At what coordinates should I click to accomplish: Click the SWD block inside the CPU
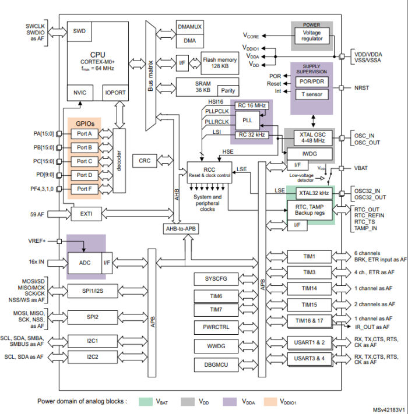point(79,30)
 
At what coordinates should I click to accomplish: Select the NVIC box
point(79,92)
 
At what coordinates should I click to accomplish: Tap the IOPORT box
point(115,92)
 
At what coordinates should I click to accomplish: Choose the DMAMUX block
point(190,27)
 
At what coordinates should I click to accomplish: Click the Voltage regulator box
point(311,36)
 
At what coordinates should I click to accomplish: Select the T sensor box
point(311,94)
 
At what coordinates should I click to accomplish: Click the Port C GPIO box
point(85,161)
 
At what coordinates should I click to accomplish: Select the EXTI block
point(82,214)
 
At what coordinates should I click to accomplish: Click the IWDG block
point(309,153)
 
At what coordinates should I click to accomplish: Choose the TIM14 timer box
point(309,288)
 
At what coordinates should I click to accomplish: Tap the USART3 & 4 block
point(309,358)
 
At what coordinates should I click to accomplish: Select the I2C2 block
point(93,356)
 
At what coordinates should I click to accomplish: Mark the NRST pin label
point(361,88)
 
